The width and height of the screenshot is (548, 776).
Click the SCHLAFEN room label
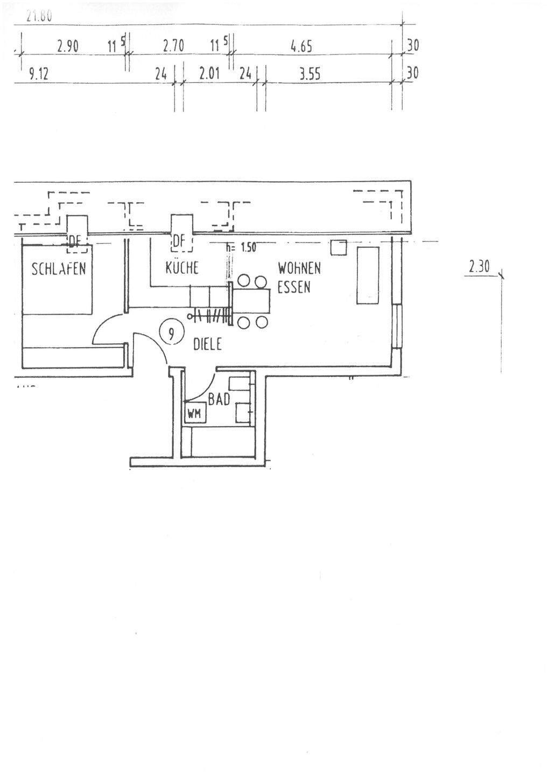coord(59,268)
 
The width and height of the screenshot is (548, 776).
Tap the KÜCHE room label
coord(182,267)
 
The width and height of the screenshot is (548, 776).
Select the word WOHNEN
coord(299,268)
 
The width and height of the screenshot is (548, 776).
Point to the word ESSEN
coord(294,287)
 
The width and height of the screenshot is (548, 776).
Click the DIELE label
coord(207,344)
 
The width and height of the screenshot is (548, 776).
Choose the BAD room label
coord(219,399)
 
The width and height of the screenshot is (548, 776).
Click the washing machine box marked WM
coord(193,414)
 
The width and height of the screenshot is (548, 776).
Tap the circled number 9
coord(172,333)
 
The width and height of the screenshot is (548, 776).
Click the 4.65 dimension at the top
coord(301,47)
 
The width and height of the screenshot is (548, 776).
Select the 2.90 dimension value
coord(68,47)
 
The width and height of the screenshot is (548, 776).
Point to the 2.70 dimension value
coord(173,47)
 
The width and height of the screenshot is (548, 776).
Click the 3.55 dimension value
coord(310,74)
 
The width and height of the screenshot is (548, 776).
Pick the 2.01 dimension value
coord(209,74)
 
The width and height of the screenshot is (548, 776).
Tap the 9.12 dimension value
coord(39,74)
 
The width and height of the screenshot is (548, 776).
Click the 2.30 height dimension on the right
coord(479,266)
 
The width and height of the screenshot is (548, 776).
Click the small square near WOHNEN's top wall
coord(339,248)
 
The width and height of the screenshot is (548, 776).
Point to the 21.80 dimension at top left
coord(39,17)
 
